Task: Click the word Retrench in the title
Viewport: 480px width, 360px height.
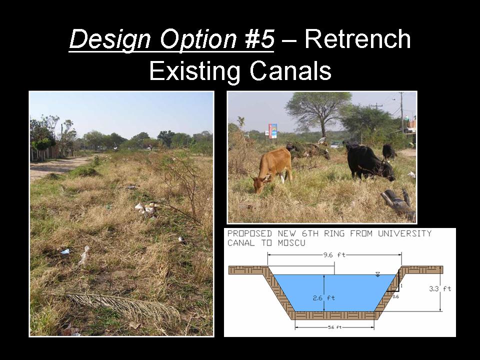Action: click(x=357, y=39)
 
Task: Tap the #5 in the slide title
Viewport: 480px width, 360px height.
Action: click(x=259, y=39)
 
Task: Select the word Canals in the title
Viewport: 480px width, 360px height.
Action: click(x=290, y=70)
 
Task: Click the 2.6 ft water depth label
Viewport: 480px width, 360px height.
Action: click(x=324, y=297)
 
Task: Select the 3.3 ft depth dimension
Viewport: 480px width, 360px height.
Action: click(x=440, y=288)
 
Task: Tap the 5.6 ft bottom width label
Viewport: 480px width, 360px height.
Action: click(x=334, y=327)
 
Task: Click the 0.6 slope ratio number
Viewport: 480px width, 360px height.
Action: click(x=395, y=296)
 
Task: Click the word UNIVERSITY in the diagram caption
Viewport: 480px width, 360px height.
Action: click(x=404, y=233)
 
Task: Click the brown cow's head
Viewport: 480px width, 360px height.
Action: click(x=258, y=184)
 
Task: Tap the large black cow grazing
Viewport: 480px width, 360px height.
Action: click(x=369, y=161)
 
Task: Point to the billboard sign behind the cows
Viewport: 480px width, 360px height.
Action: click(x=272, y=131)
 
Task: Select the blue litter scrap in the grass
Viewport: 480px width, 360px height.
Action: click(x=65, y=251)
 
